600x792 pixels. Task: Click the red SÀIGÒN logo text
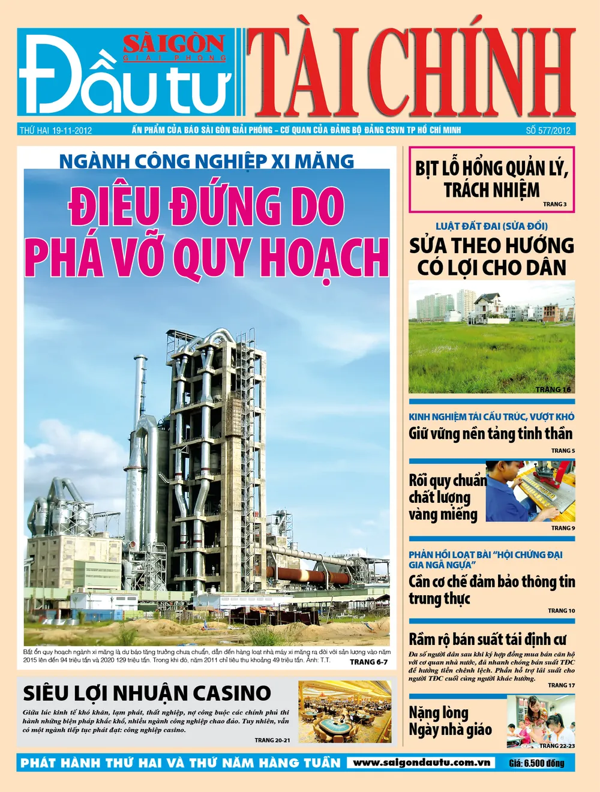click(x=174, y=44)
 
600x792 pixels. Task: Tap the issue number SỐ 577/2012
click(x=548, y=130)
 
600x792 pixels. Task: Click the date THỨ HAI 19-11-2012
click(x=56, y=130)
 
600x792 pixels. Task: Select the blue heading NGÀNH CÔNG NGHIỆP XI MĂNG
click(x=206, y=161)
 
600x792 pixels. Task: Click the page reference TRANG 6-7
click(x=368, y=662)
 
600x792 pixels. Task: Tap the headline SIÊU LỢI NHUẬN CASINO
click(x=147, y=693)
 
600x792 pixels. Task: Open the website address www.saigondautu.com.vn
click(x=421, y=763)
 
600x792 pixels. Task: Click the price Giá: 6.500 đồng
click(x=536, y=763)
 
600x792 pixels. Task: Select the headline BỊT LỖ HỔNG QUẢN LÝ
click(x=491, y=169)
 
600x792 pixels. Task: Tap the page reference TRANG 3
click(x=554, y=204)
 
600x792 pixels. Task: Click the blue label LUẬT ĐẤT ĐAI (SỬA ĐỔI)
click(x=491, y=226)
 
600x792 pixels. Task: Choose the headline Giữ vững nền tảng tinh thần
click(x=490, y=433)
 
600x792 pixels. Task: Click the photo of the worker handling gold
click(x=530, y=490)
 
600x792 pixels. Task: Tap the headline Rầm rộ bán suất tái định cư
click(x=487, y=639)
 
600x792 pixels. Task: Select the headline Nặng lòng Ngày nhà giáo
click(x=450, y=721)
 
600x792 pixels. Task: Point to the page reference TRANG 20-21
click(x=272, y=740)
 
